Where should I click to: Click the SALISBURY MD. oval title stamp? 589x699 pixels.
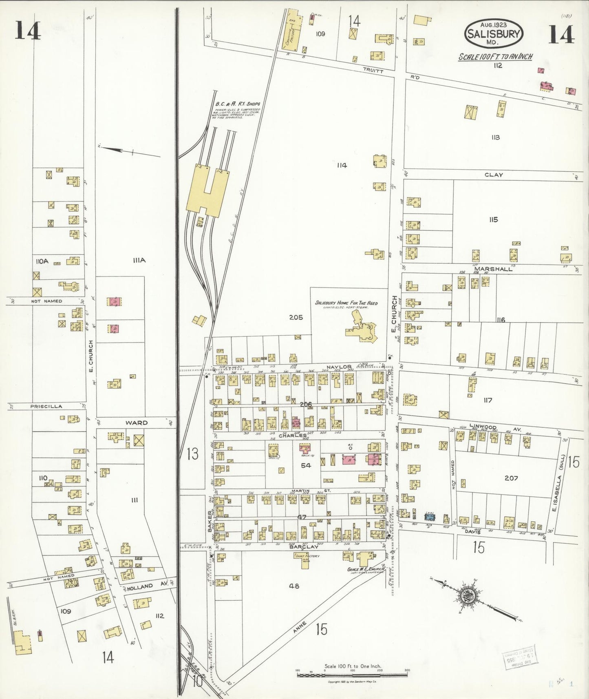coord(494,34)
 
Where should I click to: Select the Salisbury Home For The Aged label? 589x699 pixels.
coord(346,303)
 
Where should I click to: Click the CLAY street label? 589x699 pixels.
coord(493,175)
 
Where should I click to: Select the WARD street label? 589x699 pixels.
coord(136,423)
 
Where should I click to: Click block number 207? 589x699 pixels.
coord(511,478)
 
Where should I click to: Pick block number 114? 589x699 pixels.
coord(342,165)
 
